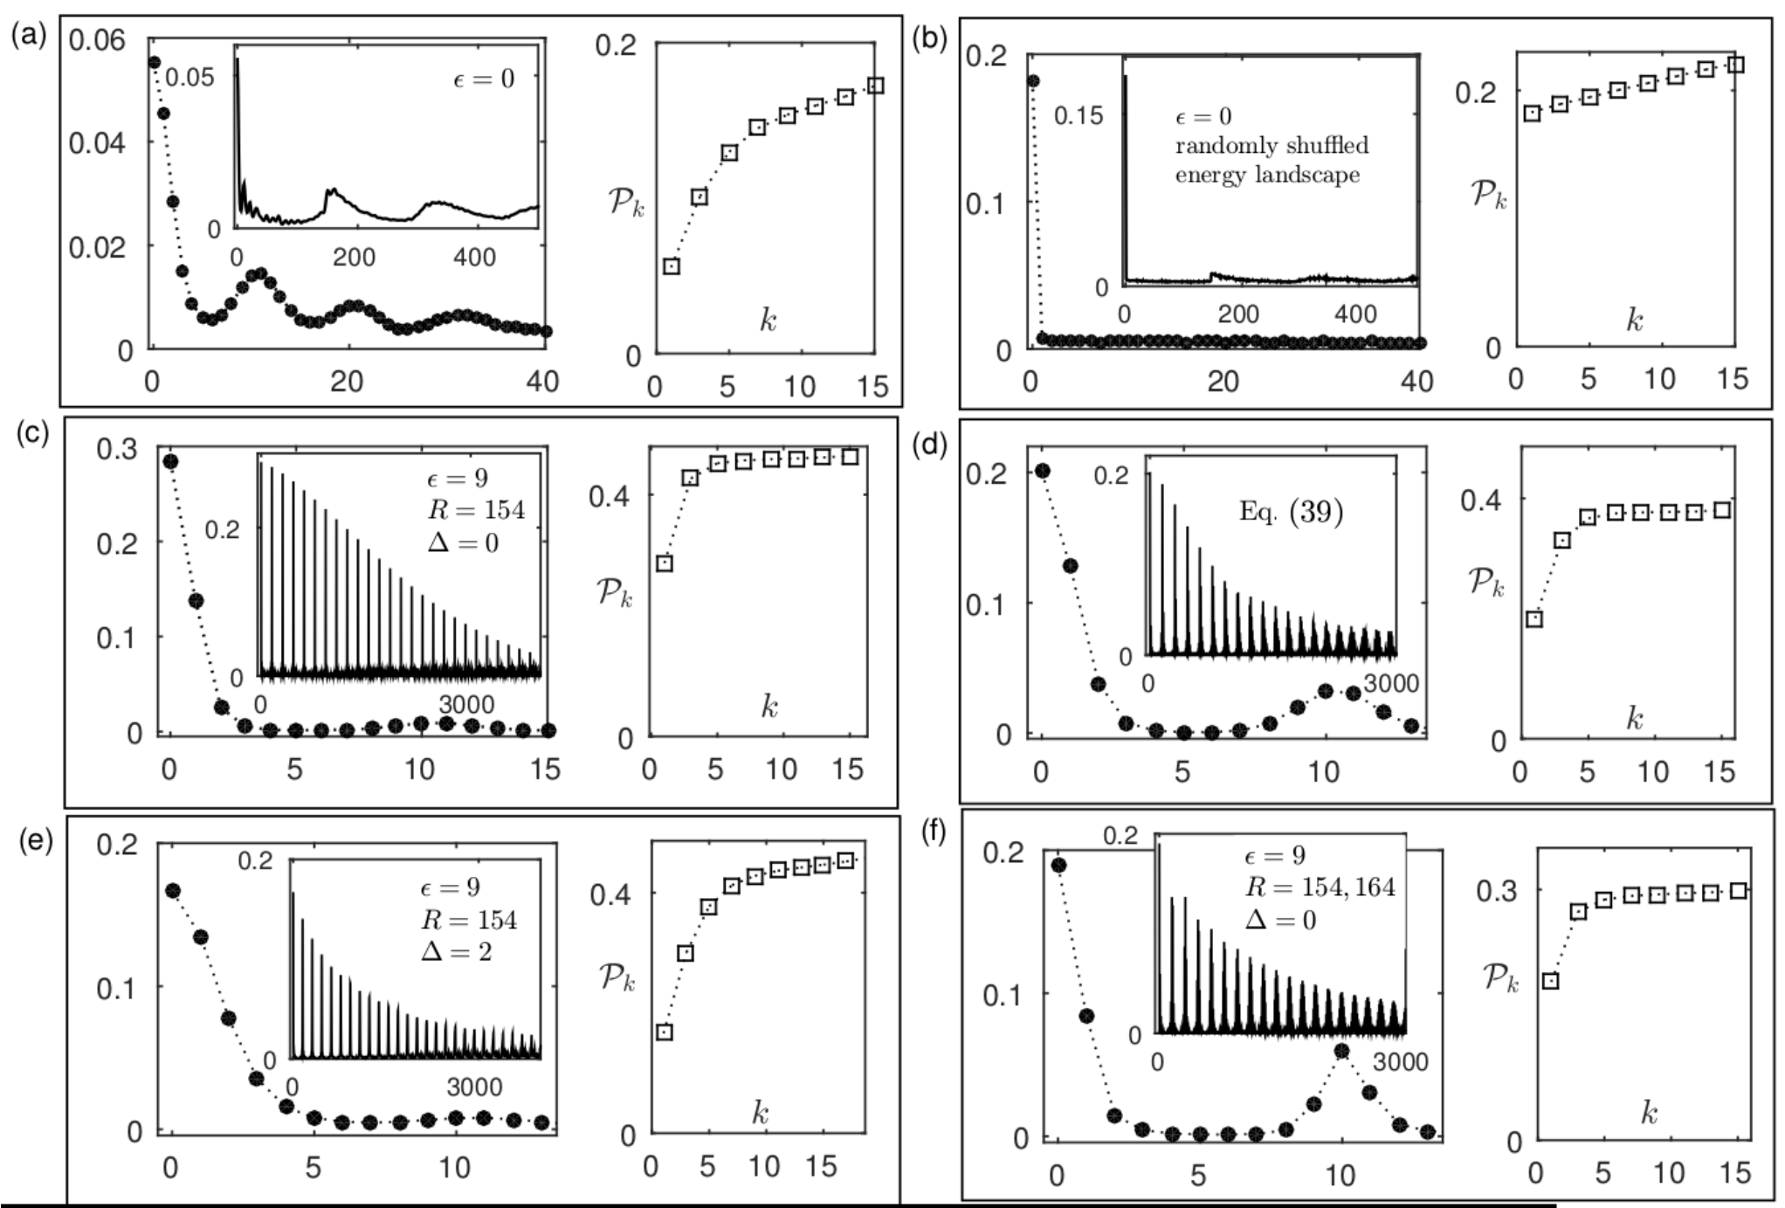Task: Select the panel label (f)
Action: pyautogui.click(x=934, y=832)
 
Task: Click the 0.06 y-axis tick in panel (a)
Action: pyautogui.click(x=97, y=39)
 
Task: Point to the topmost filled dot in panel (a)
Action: pyautogui.click(x=154, y=62)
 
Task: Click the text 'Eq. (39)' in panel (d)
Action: pyautogui.click(x=1291, y=510)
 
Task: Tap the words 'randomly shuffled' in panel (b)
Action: pyautogui.click(x=1272, y=145)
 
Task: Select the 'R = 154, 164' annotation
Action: pyautogui.click(x=1320, y=887)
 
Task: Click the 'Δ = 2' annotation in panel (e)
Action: pyautogui.click(x=456, y=950)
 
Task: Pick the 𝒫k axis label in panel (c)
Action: pyautogui.click(x=615, y=592)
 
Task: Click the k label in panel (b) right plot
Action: pyautogui.click(x=1634, y=320)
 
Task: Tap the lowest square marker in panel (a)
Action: pyautogui.click(x=671, y=266)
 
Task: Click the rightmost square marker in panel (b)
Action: pyautogui.click(x=1736, y=65)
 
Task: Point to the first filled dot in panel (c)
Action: pyautogui.click(x=171, y=461)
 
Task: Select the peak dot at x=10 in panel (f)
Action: pyautogui.click(x=1342, y=1051)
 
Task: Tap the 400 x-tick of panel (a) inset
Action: pyautogui.click(x=474, y=257)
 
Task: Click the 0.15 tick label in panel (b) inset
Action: pyautogui.click(x=1079, y=115)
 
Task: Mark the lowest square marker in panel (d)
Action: pyautogui.click(x=1533, y=619)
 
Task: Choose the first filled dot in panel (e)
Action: pyautogui.click(x=173, y=890)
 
